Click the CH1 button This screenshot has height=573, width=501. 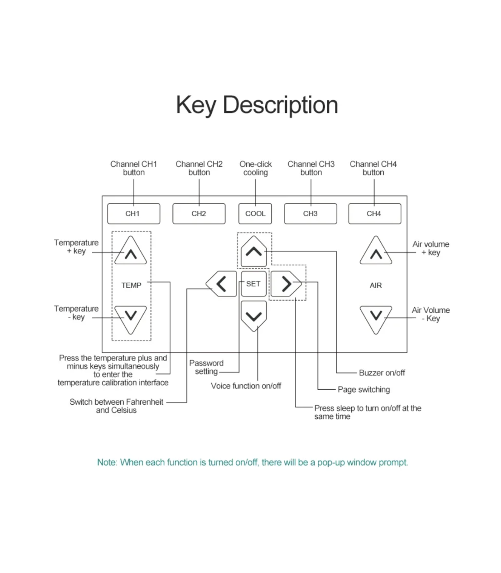(x=134, y=214)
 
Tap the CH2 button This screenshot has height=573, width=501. (x=199, y=214)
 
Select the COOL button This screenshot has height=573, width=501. (x=255, y=214)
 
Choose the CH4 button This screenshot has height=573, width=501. (x=375, y=214)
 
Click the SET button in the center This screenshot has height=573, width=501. (x=253, y=284)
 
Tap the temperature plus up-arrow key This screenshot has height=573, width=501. (x=131, y=250)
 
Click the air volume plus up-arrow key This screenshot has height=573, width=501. (x=376, y=250)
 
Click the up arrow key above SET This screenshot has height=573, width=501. (x=253, y=251)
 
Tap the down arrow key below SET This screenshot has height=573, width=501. (x=253, y=316)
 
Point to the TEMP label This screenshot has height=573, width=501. (x=131, y=285)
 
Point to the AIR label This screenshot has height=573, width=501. (x=376, y=285)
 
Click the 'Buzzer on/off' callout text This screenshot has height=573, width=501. (x=382, y=373)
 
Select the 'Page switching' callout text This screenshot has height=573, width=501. (x=364, y=390)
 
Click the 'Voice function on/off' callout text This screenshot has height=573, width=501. (x=246, y=386)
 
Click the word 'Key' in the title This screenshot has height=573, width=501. (x=196, y=106)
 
